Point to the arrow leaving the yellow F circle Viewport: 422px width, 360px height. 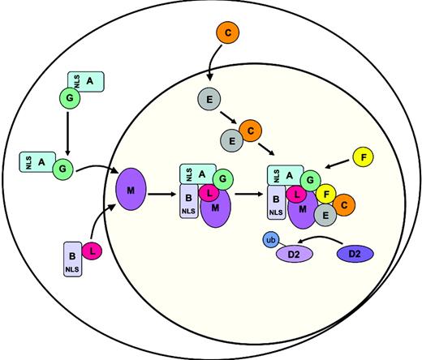pyautogui.click(x=337, y=165)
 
